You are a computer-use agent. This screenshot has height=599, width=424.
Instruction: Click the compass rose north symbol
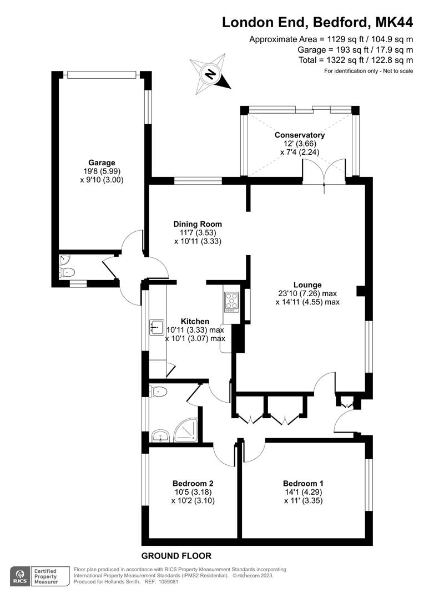pyautogui.click(x=210, y=73)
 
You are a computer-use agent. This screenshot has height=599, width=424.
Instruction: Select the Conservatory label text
pyautogui.click(x=300, y=135)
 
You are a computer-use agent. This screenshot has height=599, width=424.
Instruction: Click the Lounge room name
pyautogui.click(x=307, y=285)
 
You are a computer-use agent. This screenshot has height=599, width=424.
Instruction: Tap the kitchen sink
pyautogui.click(x=154, y=327)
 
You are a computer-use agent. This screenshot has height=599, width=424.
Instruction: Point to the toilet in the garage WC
pyautogui.click(x=68, y=272)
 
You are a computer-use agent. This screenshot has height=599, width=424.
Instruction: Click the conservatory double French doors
pyautogui.click(x=324, y=171)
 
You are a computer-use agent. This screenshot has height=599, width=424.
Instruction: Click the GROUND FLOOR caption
pyautogui.click(x=176, y=556)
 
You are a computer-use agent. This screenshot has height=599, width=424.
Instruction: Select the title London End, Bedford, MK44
pyautogui.click(x=317, y=22)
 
